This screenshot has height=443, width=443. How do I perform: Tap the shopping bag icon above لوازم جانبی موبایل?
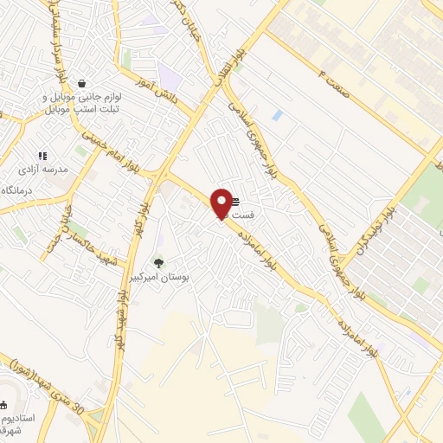[81, 84]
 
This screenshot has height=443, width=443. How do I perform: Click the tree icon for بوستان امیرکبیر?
[157, 262]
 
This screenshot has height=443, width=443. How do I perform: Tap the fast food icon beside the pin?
[235, 202]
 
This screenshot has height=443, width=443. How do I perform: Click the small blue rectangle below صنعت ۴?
[276, 114]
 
